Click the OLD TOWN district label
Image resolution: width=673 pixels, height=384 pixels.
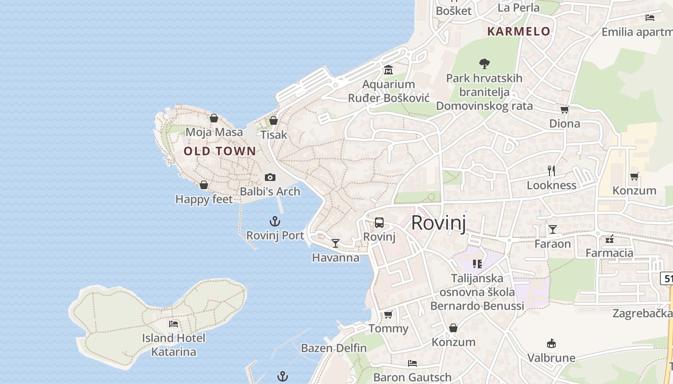point(220,151)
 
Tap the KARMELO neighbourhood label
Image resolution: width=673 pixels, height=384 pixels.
point(519,32)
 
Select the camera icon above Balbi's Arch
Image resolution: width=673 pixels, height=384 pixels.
point(270,178)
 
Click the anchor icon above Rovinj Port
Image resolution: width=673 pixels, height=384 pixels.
point(275,221)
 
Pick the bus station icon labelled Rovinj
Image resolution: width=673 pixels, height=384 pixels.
point(379,223)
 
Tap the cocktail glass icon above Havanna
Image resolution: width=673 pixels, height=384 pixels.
point(336,243)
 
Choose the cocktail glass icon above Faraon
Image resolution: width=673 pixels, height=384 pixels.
point(553,229)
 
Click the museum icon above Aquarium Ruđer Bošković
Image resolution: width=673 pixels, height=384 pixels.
point(388,70)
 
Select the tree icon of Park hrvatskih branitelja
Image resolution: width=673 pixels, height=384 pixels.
point(484,63)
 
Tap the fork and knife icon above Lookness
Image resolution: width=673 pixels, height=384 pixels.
point(551,170)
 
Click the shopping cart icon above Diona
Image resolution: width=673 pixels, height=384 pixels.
point(565,109)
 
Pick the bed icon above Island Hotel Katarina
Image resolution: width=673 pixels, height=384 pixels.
point(174,324)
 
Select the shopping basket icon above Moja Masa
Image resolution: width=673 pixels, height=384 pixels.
point(214,118)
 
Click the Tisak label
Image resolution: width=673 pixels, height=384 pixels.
point(274,135)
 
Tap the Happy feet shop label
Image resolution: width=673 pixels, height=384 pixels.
point(204,199)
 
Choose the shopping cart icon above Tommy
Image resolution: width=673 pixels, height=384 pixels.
point(388,315)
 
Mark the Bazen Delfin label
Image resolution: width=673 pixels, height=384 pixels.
point(334,348)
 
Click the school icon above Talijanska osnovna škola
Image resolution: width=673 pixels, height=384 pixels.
point(477,264)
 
